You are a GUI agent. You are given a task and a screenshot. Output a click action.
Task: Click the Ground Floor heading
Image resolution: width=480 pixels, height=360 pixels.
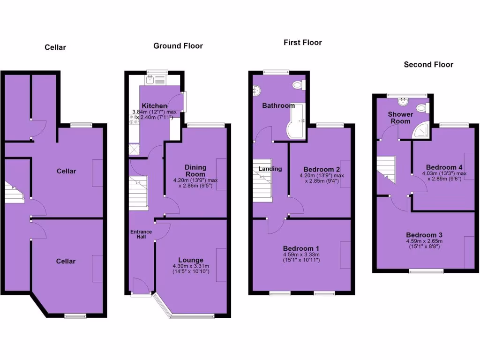point(178,46)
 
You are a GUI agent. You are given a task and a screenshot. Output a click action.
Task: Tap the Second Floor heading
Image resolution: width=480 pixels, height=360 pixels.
point(428,65)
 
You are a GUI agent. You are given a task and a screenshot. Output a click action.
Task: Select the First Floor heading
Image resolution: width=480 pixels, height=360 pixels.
point(302,43)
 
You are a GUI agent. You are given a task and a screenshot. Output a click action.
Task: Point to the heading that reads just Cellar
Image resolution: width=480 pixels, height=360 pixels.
point(55,47)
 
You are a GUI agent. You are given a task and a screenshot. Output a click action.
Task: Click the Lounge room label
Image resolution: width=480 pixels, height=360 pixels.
point(191,260)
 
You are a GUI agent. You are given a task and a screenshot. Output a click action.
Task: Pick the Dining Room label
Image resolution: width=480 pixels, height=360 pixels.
point(195,171)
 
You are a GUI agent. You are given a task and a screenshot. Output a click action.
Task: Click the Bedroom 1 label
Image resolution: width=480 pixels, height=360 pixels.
point(301,248)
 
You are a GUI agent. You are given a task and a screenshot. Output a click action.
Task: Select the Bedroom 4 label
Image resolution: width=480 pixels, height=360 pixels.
point(444,167)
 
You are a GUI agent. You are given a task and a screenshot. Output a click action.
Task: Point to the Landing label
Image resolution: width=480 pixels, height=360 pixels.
point(270,169)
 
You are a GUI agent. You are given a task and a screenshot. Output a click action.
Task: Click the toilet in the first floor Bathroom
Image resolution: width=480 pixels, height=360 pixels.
point(297,85)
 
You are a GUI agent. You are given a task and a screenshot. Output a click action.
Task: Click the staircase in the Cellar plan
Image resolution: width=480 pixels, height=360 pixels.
point(15,192)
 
